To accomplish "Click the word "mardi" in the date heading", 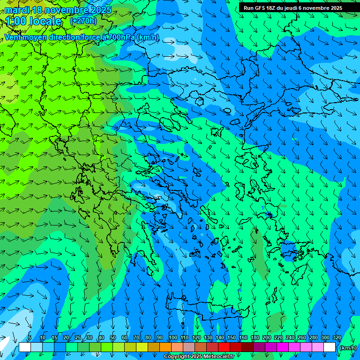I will pos(17,10).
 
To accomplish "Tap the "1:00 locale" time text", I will pos(34,21).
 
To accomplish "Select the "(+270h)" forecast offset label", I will pos(83,21).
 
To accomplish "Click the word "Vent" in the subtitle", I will pos(14,37).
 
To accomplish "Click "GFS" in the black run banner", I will pos(259,8).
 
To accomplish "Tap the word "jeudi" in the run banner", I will pos(293,8).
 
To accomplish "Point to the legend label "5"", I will pos(30,338).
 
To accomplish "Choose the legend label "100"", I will pos(173,338).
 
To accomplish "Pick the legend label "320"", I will pos(337,338).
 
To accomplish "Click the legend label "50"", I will pos(112,338).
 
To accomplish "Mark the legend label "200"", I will pos(267,338).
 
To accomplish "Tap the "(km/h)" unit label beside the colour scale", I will pos(348,347).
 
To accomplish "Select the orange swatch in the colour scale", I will pos(165,347).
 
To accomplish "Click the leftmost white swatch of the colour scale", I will pos(25,347).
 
